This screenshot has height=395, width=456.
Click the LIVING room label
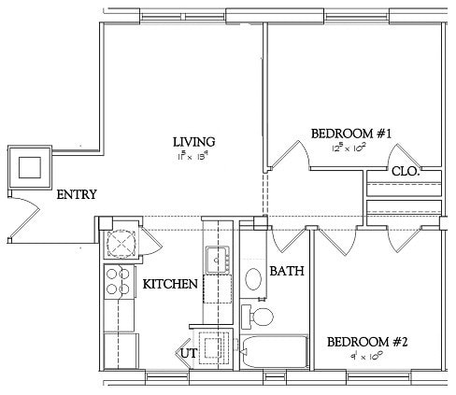(x=193, y=142)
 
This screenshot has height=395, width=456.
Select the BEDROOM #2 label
(x=368, y=342)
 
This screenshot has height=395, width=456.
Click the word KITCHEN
(x=169, y=284)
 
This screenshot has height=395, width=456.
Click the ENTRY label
(x=77, y=195)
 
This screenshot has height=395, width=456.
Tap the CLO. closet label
(x=405, y=172)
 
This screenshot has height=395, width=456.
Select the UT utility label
(x=189, y=354)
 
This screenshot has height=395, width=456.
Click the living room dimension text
(x=193, y=156)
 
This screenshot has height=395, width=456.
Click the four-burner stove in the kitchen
(x=118, y=282)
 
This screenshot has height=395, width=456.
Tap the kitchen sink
(x=218, y=259)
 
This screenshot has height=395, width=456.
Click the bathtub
(x=274, y=354)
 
